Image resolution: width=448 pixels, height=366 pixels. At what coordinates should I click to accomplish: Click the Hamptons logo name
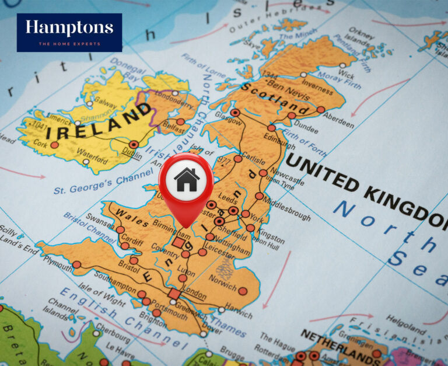69,28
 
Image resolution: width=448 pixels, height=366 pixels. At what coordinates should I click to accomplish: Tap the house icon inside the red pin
186,179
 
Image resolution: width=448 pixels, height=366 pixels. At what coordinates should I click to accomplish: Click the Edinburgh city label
279,141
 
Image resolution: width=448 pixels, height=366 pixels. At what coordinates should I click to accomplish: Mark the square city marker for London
174,294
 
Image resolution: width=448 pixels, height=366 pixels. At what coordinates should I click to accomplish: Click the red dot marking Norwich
243,291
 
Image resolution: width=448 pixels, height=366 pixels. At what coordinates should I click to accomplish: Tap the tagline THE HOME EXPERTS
69,44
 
